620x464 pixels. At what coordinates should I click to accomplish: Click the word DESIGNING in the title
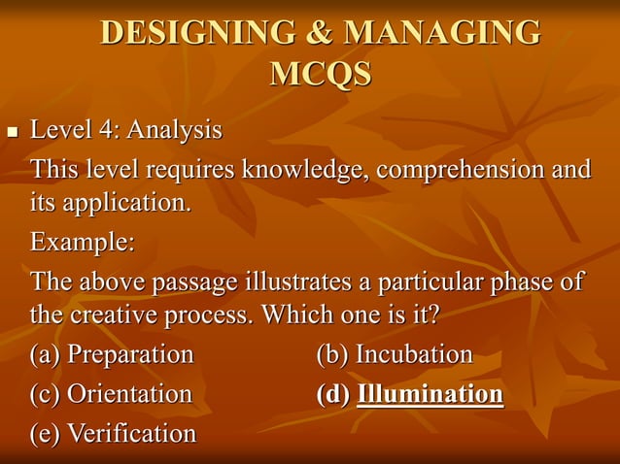pos(195,33)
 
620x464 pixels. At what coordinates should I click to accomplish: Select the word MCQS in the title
pos(321,74)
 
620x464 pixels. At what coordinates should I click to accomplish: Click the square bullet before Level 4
pos(12,130)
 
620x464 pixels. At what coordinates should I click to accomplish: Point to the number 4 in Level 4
pos(109,129)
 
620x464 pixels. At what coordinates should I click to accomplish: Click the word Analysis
pos(174,130)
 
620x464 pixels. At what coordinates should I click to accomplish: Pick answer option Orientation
pos(128,394)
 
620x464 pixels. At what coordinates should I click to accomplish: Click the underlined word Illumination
pos(430,394)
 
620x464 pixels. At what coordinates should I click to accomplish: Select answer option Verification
pos(130,433)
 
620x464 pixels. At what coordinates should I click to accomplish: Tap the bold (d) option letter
pos(333,394)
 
